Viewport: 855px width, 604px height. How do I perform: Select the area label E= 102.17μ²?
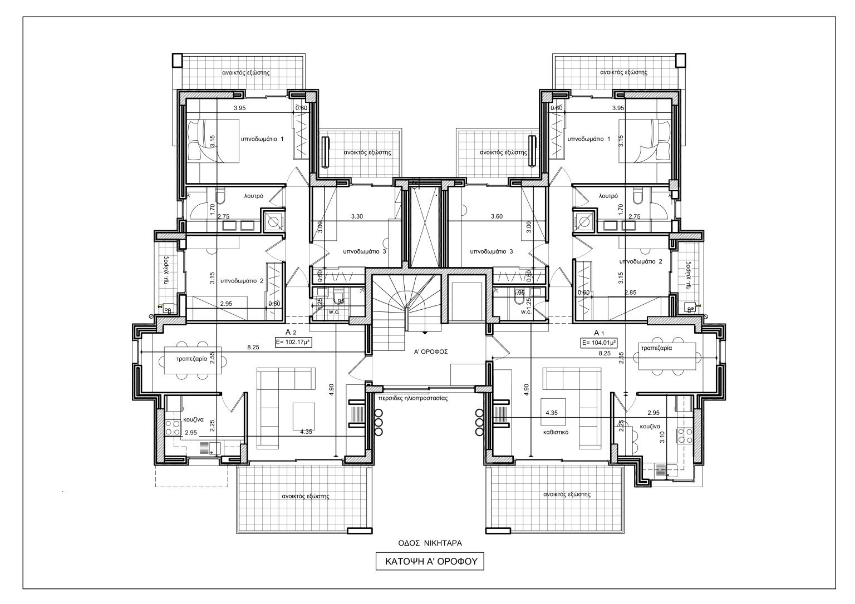tap(293, 343)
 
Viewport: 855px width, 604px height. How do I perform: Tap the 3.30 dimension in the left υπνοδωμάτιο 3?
tap(357, 216)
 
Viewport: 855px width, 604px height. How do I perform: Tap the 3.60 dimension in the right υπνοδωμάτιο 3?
tap(497, 216)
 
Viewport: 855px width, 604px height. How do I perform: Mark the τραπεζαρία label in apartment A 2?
tap(192, 359)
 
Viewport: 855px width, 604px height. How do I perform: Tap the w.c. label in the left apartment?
tap(318, 312)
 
